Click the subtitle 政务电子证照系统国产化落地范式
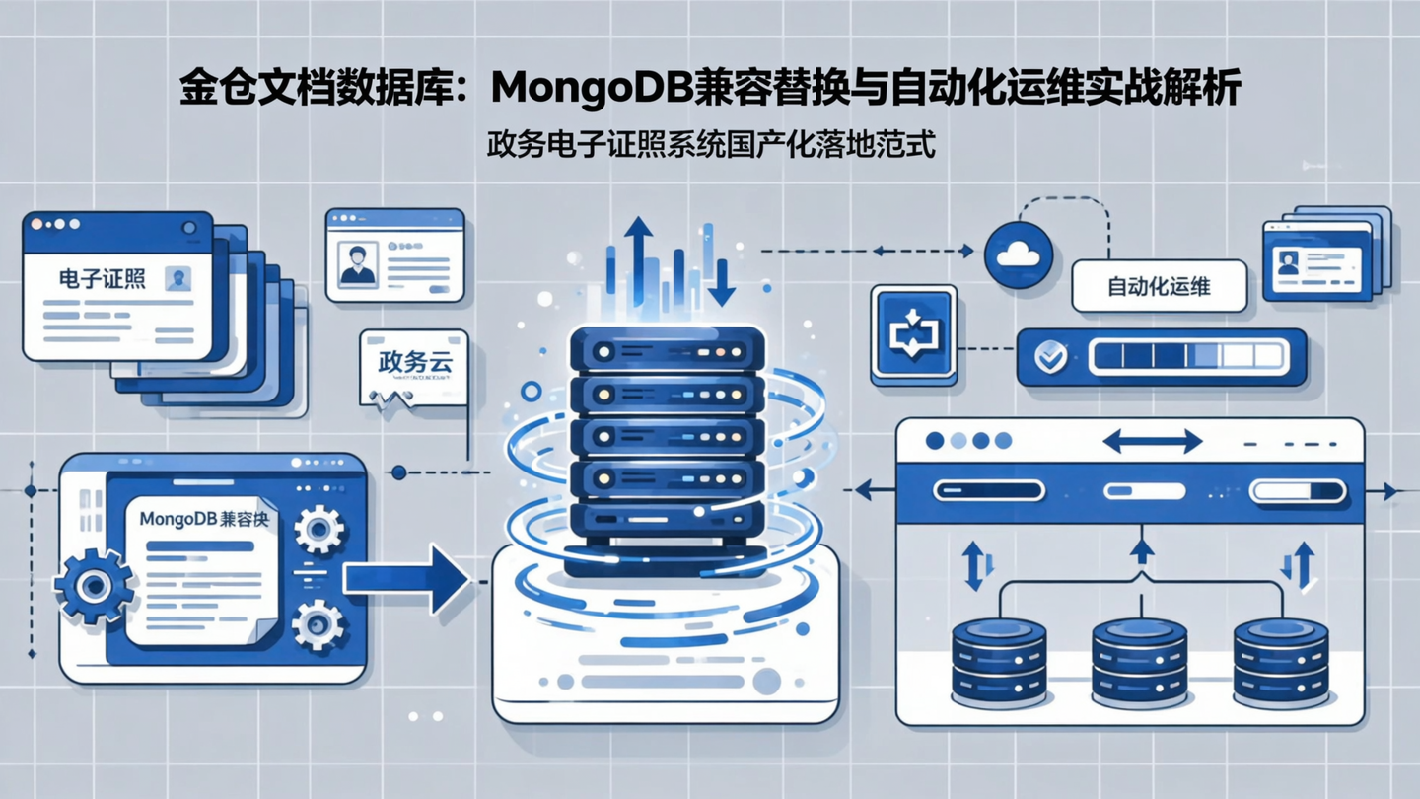[x=710, y=145]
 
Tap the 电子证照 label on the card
[x=102, y=279]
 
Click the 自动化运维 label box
[x=1159, y=287]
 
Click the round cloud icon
[x=1019, y=255]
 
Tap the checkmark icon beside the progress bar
[x=1050, y=357]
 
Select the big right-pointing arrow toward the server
[x=405, y=579]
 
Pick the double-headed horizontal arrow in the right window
[x=1152, y=441]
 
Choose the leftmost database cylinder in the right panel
[x=999, y=662]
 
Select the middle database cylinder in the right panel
[x=1140, y=662]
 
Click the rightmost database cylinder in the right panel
[x=1281, y=662]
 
